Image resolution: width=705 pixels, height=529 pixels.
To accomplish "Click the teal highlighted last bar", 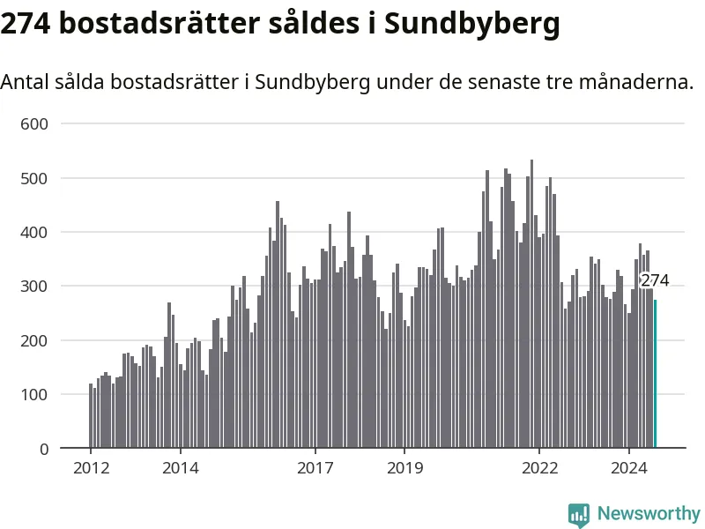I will click(655, 374).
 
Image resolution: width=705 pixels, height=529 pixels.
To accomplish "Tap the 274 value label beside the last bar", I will click(655, 280).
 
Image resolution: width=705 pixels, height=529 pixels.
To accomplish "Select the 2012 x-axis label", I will click(91, 468).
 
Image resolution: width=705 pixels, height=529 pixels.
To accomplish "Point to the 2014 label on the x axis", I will click(181, 468).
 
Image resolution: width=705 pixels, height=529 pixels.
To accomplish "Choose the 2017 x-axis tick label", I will click(315, 468).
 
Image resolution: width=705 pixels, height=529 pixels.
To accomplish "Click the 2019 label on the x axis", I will click(404, 468).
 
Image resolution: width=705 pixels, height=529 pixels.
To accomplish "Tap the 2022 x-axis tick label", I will click(538, 468).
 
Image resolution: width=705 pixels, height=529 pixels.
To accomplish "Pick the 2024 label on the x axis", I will click(628, 468).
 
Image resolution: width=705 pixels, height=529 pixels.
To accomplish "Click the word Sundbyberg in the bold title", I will click(472, 24).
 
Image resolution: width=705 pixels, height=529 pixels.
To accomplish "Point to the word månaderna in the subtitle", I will click(636, 83).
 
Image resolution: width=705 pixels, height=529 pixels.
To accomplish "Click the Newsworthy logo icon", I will click(579, 514).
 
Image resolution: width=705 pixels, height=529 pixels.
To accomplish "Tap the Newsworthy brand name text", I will click(649, 513).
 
